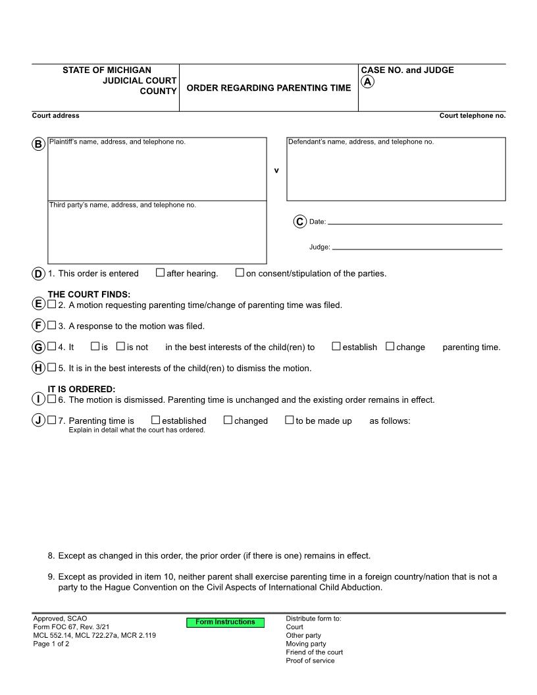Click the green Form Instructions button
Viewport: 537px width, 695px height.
click(x=225, y=622)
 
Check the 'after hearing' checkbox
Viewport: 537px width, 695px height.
click(x=160, y=272)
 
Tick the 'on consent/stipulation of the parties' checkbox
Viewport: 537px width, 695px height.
click(x=240, y=272)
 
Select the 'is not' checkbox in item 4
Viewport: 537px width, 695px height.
click(x=120, y=346)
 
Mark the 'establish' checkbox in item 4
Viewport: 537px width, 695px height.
click(x=336, y=346)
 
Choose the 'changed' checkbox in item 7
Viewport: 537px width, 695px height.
click(x=228, y=420)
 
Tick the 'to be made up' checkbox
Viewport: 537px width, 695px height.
click(x=289, y=420)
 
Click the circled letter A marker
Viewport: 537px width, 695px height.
click(x=368, y=82)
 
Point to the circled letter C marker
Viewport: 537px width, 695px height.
click(x=299, y=222)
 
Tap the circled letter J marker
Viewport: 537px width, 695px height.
click(x=38, y=420)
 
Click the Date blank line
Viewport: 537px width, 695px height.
click(x=415, y=222)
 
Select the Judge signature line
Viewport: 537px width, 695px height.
click(x=417, y=248)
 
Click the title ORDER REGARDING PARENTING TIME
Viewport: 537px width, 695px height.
click(x=268, y=88)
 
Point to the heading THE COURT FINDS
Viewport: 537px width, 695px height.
click(x=89, y=294)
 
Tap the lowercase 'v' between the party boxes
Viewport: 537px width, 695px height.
click(x=276, y=170)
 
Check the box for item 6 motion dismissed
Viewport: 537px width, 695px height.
click(x=52, y=399)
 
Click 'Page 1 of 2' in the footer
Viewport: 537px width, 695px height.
click(x=51, y=644)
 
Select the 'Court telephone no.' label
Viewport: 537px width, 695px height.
click(x=472, y=116)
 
